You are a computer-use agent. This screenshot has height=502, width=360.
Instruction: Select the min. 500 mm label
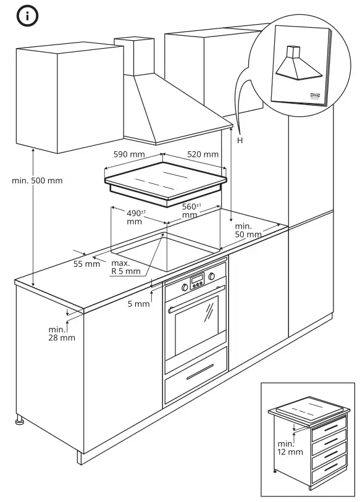pyautogui.click(x=37, y=181)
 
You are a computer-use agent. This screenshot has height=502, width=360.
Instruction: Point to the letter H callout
pyautogui.click(x=240, y=141)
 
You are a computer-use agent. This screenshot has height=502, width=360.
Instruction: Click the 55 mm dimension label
pyautogui.click(x=86, y=264)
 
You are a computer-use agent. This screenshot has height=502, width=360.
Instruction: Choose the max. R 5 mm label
pyautogui.click(x=126, y=267)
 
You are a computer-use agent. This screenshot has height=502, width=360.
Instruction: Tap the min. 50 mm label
pyautogui.click(x=248, y=230)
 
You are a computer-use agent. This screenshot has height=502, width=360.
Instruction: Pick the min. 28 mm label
pyautogui.click(x=62, y=333)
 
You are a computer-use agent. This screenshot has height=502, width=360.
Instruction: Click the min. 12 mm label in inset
pyautogui.click(x=290, y=448)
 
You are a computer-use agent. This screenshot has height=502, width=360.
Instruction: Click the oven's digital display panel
pyautogui.click(x=197, y=282)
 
